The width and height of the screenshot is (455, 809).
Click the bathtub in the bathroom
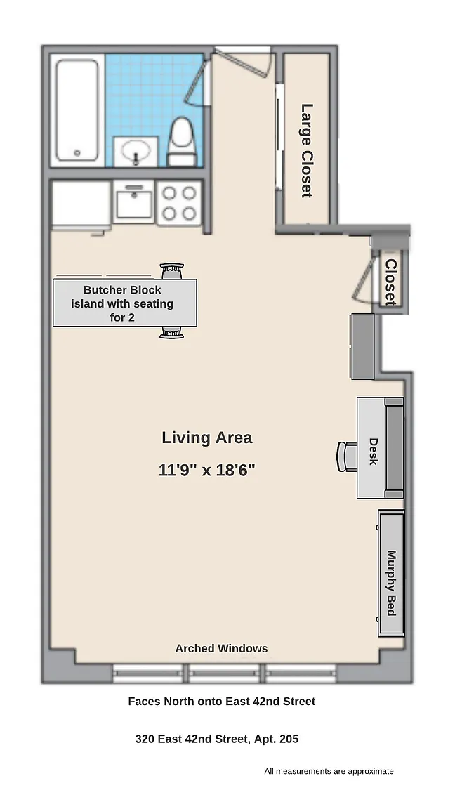(x=77, y=110)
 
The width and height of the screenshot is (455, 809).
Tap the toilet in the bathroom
(x=182, y=141)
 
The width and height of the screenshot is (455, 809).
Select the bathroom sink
(x=136, y=152)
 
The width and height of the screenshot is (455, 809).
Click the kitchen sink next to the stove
(x=134, y=202)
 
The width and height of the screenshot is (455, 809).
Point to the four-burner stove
(x=179, y=202)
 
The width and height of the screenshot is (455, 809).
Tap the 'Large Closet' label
(x=307, y=151)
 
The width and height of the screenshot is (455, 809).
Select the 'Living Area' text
(x=207, y=438)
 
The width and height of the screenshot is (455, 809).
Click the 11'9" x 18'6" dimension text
(x=207, y=470)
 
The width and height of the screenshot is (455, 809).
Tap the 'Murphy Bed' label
(x=392, y=582)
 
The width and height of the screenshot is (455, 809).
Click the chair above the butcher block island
(x=172, y=271)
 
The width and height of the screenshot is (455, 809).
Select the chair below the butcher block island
(x=172, y=333)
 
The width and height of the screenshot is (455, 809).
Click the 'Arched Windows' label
(x=221, y=649)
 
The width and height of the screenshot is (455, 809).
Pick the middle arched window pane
(x=224, y=673)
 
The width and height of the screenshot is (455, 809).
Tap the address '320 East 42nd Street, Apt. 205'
(x=217, y=739)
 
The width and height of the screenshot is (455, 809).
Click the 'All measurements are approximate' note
(x=329, y=771)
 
